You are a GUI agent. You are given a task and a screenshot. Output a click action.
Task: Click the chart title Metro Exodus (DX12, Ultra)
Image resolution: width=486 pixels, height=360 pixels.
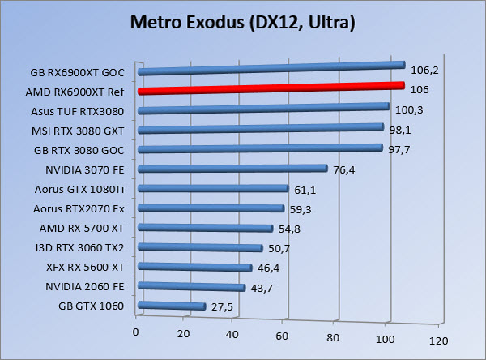[x=243, y=24]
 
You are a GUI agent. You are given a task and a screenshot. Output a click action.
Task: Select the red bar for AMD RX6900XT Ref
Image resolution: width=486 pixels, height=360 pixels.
[x=271, y=88]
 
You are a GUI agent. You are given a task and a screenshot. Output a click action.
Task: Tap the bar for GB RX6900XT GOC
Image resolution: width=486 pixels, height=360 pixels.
[x=271, y=68]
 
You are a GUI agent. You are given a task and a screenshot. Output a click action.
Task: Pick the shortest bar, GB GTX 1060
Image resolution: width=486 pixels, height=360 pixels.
[x=172, y=306]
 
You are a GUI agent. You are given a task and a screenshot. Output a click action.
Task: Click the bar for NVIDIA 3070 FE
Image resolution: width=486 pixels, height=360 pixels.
[x=233, y=169]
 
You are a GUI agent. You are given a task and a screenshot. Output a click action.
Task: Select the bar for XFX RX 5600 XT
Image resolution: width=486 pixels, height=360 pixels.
[x=195, y=267]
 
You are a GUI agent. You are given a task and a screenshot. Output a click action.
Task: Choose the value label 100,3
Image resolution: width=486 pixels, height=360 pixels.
[x=408, y=109]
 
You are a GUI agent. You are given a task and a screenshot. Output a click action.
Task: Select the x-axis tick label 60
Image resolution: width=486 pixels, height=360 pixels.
[x=283, y=335]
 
